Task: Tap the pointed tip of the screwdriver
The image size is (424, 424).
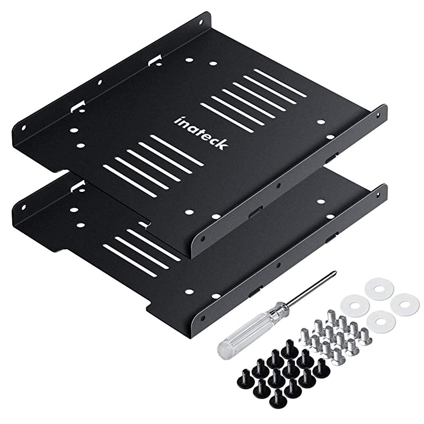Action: pyautogui.click(x=334, y=273)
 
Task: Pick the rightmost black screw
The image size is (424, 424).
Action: pyautogui.click(x=322, y=369)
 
